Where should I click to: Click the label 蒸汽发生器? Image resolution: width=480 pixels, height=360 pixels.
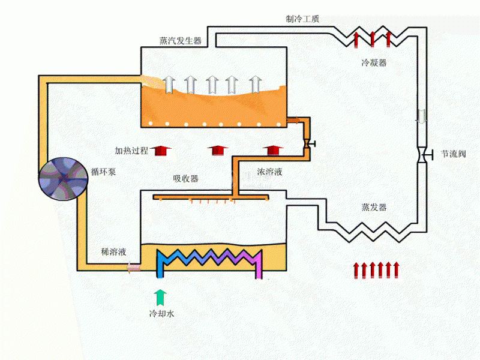(181, 41)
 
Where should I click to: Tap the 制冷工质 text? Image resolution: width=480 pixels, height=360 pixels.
(302, 19)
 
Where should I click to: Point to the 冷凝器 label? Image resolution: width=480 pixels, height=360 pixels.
(374, 63)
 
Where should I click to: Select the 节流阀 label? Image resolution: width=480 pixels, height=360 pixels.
(454, 154)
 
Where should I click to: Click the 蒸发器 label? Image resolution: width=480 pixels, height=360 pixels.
(374, 207)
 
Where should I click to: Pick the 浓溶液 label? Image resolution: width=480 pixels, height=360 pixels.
(269, 172)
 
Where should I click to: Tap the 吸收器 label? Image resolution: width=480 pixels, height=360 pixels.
(186, 178)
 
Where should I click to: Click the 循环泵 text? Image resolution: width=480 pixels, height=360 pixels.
(103, 172)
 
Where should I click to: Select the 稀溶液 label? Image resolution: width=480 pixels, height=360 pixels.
(113, 252)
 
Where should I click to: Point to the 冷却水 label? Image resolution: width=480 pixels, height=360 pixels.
(161, 313)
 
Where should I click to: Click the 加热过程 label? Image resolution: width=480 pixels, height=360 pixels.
(131, 151)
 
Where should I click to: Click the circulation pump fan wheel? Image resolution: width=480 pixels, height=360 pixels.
(64, 179)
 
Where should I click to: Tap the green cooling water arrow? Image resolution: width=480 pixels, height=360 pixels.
(160, 298)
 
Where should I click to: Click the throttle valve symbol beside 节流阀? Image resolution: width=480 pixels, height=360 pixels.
(424, 155)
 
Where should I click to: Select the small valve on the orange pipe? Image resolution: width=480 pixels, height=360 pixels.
(308, 143)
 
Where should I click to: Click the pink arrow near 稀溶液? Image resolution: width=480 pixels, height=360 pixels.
(133, 267)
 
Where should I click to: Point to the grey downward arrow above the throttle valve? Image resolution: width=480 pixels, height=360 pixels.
(422, 116)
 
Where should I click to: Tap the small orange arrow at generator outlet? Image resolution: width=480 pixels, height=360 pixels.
(294, 121)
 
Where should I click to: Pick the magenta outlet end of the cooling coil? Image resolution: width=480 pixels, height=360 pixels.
(259, 275)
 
